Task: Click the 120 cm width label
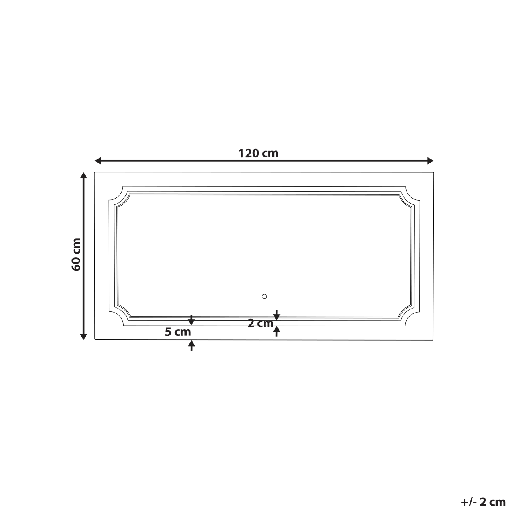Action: coord(258,153)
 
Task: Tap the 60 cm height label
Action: coord(76,255)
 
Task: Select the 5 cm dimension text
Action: coord(178,332)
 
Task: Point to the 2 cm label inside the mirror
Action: coord(260,323)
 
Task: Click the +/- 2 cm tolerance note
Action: coord(483,502)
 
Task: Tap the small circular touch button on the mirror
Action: coord(264,296)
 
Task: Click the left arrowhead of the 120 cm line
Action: coord(98,161)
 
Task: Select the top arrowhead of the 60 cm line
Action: coord(84,176)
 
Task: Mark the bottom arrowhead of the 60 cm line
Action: coord(84,336)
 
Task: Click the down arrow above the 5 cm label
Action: coord(191,320)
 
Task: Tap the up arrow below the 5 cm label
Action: coord(191,345)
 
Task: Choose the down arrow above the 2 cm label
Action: coord(277,315)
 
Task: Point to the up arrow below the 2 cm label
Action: coord(277,331)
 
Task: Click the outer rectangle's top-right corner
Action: coord(434,172)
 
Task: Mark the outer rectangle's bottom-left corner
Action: coord(95,339)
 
